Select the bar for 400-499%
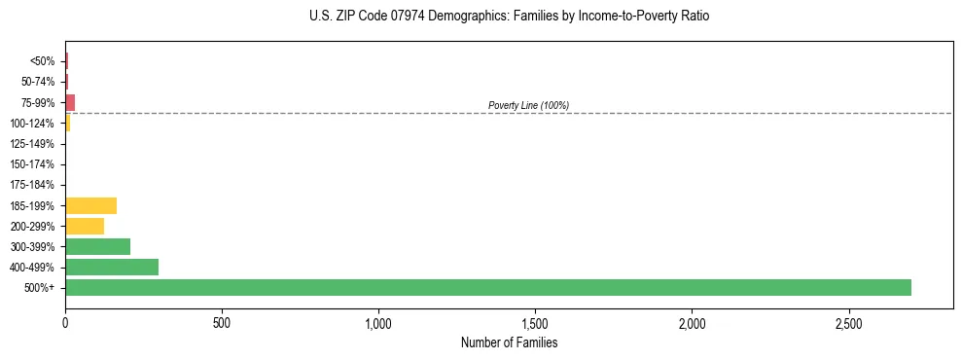click(112, 267)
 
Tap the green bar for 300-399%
click(97, 246)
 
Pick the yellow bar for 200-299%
click(85, 226)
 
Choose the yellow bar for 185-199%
click(90, 205)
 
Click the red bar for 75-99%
click(70, 102)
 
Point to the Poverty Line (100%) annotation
click(528, 105)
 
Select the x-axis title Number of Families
click(509, 342)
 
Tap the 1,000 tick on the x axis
click(378, 322)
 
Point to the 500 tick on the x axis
click(222, 322)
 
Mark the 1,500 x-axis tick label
click(535, 322)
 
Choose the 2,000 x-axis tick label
click(692, 322)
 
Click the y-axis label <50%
click(42, 61)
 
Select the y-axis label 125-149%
click(32, 144)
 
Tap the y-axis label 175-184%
click(32, 185)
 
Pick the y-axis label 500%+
click(39, 288)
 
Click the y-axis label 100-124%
click(32, 124)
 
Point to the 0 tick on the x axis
click(65, 322)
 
